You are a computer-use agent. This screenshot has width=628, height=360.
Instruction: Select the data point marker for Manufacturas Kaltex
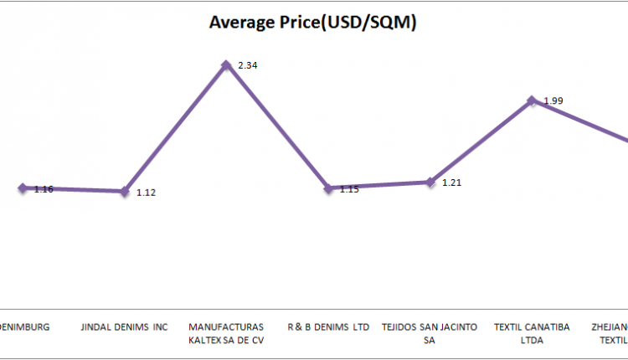click(x=226, y=64)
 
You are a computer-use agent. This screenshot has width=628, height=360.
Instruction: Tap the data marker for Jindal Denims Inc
click(x=125, y=191)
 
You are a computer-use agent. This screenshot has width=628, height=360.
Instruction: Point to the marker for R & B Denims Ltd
click(x=328, y=188)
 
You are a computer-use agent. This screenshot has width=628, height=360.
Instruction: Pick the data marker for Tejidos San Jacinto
click(x=430, y=182)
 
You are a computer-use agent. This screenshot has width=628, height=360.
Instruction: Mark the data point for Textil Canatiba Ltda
click(x=532, y=100)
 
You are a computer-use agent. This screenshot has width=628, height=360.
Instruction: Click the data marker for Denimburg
click(x=23, y=188)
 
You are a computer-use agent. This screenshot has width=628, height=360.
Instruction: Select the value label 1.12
click(x=147, y=193)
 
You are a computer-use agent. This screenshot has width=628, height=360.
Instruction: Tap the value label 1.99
click(x=553, y=100)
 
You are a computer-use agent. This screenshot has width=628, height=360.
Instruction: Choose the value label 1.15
click(x=349, y=189)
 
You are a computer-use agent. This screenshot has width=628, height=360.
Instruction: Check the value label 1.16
click(x=44, y=189)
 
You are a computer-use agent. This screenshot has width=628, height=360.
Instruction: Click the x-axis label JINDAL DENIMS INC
click(x=124, y=327)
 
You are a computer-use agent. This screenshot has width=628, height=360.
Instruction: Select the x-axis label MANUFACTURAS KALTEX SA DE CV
click(x=226, y=333)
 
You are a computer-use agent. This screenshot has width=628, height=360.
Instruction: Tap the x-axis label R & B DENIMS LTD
click(x=327, y=327)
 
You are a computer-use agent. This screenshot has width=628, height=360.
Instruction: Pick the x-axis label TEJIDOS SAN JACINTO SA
click(x=430, y=333)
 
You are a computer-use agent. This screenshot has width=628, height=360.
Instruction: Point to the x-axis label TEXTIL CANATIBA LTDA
click(x=532, y=333)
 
